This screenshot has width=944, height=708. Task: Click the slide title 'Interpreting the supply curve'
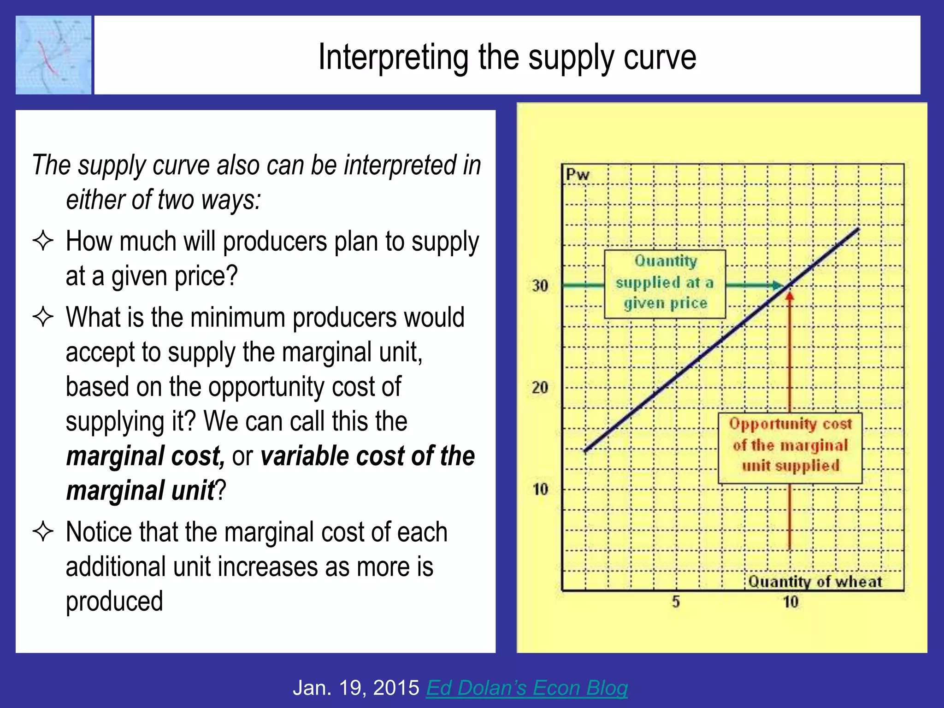(x=507, y=57)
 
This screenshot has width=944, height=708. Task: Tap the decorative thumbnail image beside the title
(x=53, y=55)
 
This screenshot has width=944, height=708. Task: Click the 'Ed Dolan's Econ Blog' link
(x=526, y=688)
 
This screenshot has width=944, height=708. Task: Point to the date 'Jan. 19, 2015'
(x=356, y=688)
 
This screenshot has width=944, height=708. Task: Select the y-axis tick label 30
(x=540, y=286)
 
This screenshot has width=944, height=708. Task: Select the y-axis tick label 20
(x=540, y=388)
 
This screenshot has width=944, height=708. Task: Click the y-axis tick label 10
(x=540, y=489)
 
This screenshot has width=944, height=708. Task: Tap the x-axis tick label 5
(x=676, y=602)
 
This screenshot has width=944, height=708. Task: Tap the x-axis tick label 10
(x=791, y=602)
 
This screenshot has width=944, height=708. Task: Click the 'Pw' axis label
(x=578, y=175)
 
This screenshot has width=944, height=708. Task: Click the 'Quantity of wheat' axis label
(x=814, y=582)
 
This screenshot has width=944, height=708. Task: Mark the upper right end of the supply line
(x=858, y=229)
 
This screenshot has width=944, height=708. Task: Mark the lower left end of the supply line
(x=585, y=450)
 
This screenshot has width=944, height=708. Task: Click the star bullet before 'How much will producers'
(x=43, y=241)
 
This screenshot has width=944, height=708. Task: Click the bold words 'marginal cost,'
(x=145, y=456)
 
